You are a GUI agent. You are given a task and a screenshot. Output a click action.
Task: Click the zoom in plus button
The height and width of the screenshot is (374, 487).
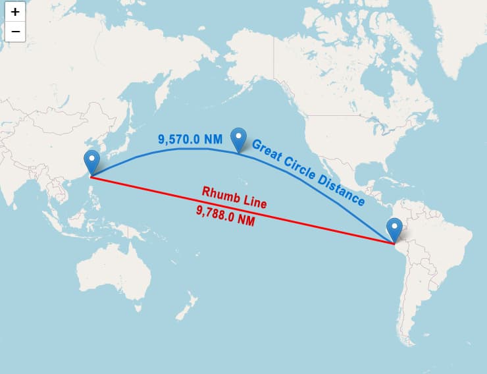[15, 12]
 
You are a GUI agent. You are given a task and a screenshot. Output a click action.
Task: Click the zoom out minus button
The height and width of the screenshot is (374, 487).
[15, 31]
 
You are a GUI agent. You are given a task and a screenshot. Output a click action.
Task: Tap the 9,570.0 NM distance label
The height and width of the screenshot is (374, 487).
[190, 140]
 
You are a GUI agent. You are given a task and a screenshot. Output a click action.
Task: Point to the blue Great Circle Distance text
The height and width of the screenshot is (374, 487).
[308, 172]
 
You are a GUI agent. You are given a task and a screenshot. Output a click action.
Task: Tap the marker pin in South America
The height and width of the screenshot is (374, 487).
[395, 228]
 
